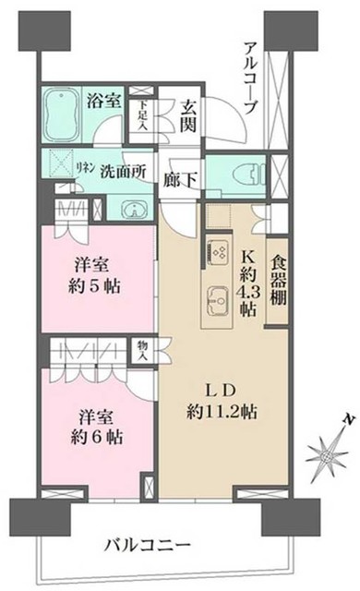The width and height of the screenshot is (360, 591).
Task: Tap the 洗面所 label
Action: click(x=121, y=173)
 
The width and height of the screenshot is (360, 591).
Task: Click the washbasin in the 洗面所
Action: click(x=131, y=208)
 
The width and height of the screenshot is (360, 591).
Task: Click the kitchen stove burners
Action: click(x=218, y=250)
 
